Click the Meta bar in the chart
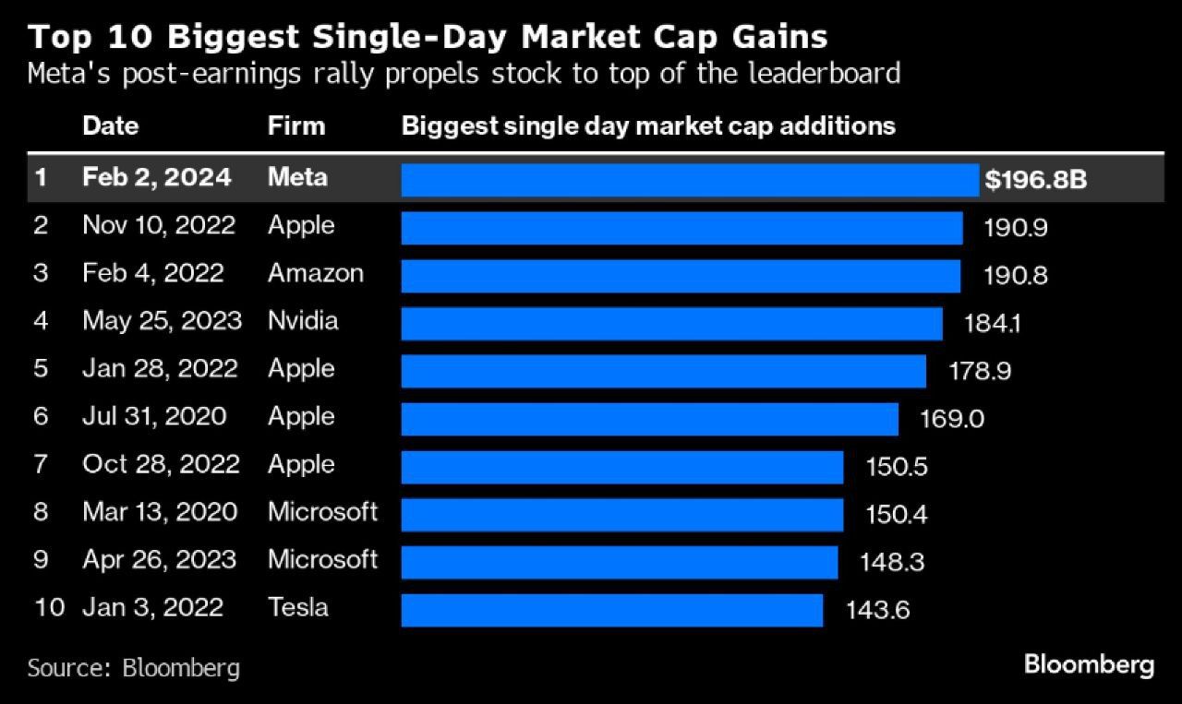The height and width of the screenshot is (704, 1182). [x=689, y=180]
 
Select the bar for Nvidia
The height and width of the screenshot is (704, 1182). [x=671, y=324]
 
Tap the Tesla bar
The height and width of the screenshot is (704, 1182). [x=611, y=610]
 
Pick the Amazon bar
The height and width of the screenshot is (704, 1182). [x=681, y=276]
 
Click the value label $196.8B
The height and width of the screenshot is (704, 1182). [x=1035, y=180]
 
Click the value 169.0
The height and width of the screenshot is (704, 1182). [x=952, y=419]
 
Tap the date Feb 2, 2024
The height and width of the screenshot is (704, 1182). [x=157, y=177]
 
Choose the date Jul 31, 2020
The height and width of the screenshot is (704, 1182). [x=154, y=416]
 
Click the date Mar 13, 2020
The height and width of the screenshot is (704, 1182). [x=160, y=511]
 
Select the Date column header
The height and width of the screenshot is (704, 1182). [x=110, y=125]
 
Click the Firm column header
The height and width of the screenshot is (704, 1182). [x=296, y=125]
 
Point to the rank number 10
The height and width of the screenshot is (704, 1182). [x=48, y=607]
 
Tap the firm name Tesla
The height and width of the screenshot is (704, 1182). [x=298, y=607]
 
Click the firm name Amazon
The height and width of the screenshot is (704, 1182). [x=316, y=273]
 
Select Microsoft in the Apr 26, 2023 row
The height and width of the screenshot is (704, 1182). [x=322, y=559]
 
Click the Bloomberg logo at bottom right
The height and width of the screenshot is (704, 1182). [x=1089, y=665]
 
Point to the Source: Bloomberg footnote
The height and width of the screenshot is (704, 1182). [x=133, y=667]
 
